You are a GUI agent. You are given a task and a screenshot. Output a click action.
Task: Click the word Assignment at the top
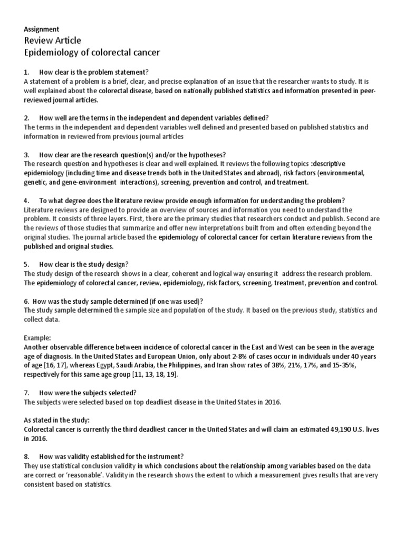[42, 29]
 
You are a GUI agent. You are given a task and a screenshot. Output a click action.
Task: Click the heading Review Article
[53, 41]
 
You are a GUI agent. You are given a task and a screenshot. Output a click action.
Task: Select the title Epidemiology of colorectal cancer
[92, 53]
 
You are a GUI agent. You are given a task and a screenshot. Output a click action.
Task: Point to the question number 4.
[26, 201]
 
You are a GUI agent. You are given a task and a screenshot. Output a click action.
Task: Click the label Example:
[40, 338]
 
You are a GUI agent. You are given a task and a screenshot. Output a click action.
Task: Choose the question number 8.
[26, 457]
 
